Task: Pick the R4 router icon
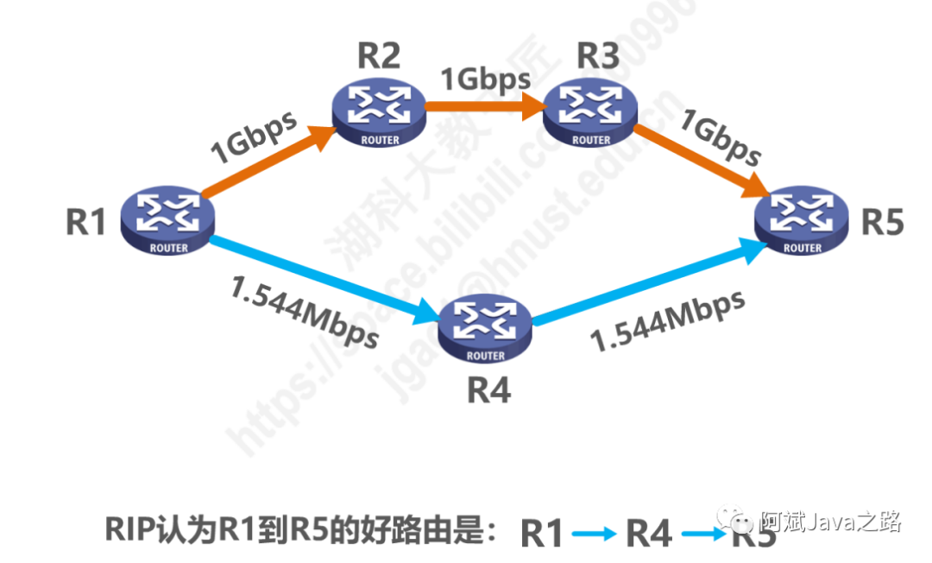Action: [x=484, y=327]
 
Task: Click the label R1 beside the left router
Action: [x=85, y=224]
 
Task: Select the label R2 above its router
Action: [x=379, y=57]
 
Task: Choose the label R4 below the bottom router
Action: [x=488, y=390]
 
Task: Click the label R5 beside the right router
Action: [x=883, y=222]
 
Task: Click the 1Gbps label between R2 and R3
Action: [x=486, y=79]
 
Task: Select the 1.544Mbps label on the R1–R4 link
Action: [x=305, y=312]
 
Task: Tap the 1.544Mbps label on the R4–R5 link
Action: [x=668, y=320]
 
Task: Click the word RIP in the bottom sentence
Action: [x=130, y=528]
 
